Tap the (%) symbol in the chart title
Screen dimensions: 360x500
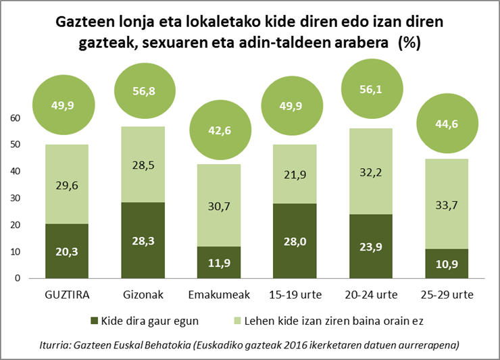410,44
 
